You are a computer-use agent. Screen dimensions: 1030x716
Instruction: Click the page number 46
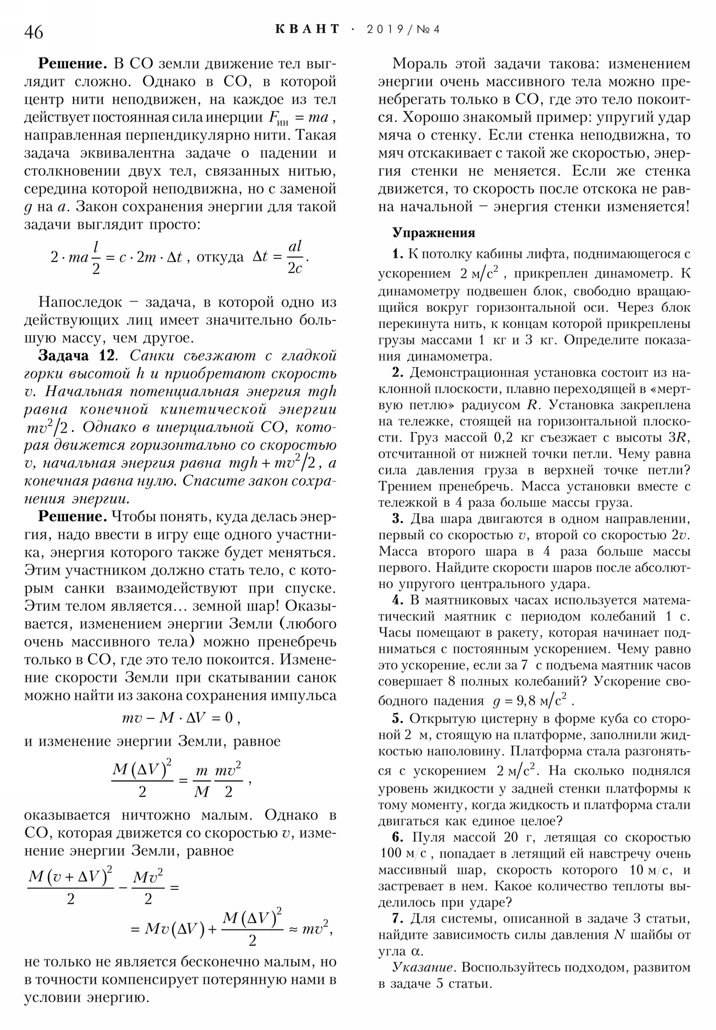(34, 32)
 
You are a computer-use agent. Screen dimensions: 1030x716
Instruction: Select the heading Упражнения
(434, 233)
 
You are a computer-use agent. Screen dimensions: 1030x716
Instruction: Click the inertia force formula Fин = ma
(298, 118)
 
